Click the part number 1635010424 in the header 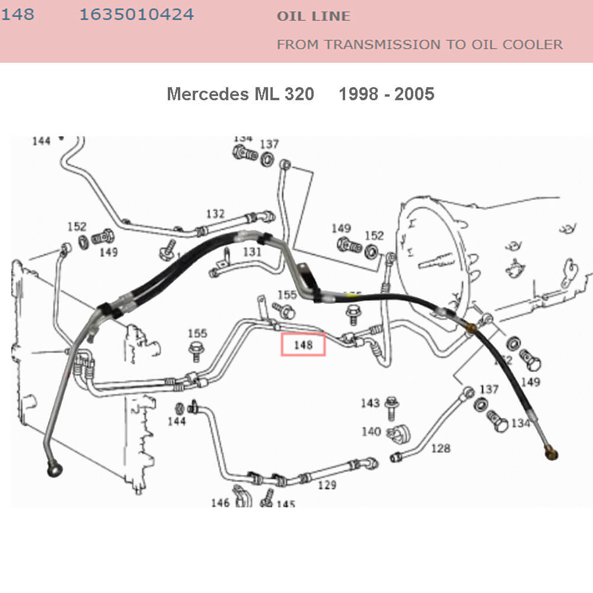coord(136,15)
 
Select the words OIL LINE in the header coord(314,17)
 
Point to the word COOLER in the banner coord(533,44)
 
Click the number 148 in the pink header coord(18,15)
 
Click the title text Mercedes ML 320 coord(240,94)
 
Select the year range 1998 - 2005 coord(386,94)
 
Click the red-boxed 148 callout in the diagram coord(303,345)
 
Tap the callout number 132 coord(215,213)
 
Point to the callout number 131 coord(252,251)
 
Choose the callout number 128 coord(441,448)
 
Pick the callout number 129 coord(327,485)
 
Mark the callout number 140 coord(371,431)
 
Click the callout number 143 coord(370,403)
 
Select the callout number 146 coord(220,503)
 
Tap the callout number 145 coord(285,504)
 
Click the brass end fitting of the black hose coord(551,454)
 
